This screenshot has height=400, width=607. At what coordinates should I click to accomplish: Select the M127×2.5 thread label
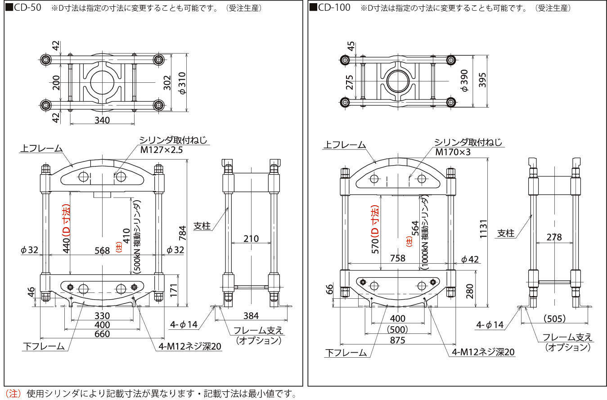point(162,150)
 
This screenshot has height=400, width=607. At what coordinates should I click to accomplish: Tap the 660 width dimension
point(102,334)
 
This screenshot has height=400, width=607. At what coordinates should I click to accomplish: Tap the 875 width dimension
point(398,340)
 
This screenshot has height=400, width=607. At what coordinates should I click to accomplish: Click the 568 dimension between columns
point(102,251)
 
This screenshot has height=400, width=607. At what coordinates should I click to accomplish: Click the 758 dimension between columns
point(398,258)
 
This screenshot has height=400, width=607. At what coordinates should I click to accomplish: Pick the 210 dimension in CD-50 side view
point(251,238)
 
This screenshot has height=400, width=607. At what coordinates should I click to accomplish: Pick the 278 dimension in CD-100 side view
point(554,237)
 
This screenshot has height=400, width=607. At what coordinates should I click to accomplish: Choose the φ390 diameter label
point(466,81)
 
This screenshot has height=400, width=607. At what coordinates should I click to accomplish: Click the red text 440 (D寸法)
point(66,227)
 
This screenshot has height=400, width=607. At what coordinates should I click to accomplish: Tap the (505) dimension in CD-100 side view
point(554,319)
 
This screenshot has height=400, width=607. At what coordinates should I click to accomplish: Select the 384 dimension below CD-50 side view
point(251,316)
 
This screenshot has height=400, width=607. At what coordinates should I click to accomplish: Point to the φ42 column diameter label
point(470,259)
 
